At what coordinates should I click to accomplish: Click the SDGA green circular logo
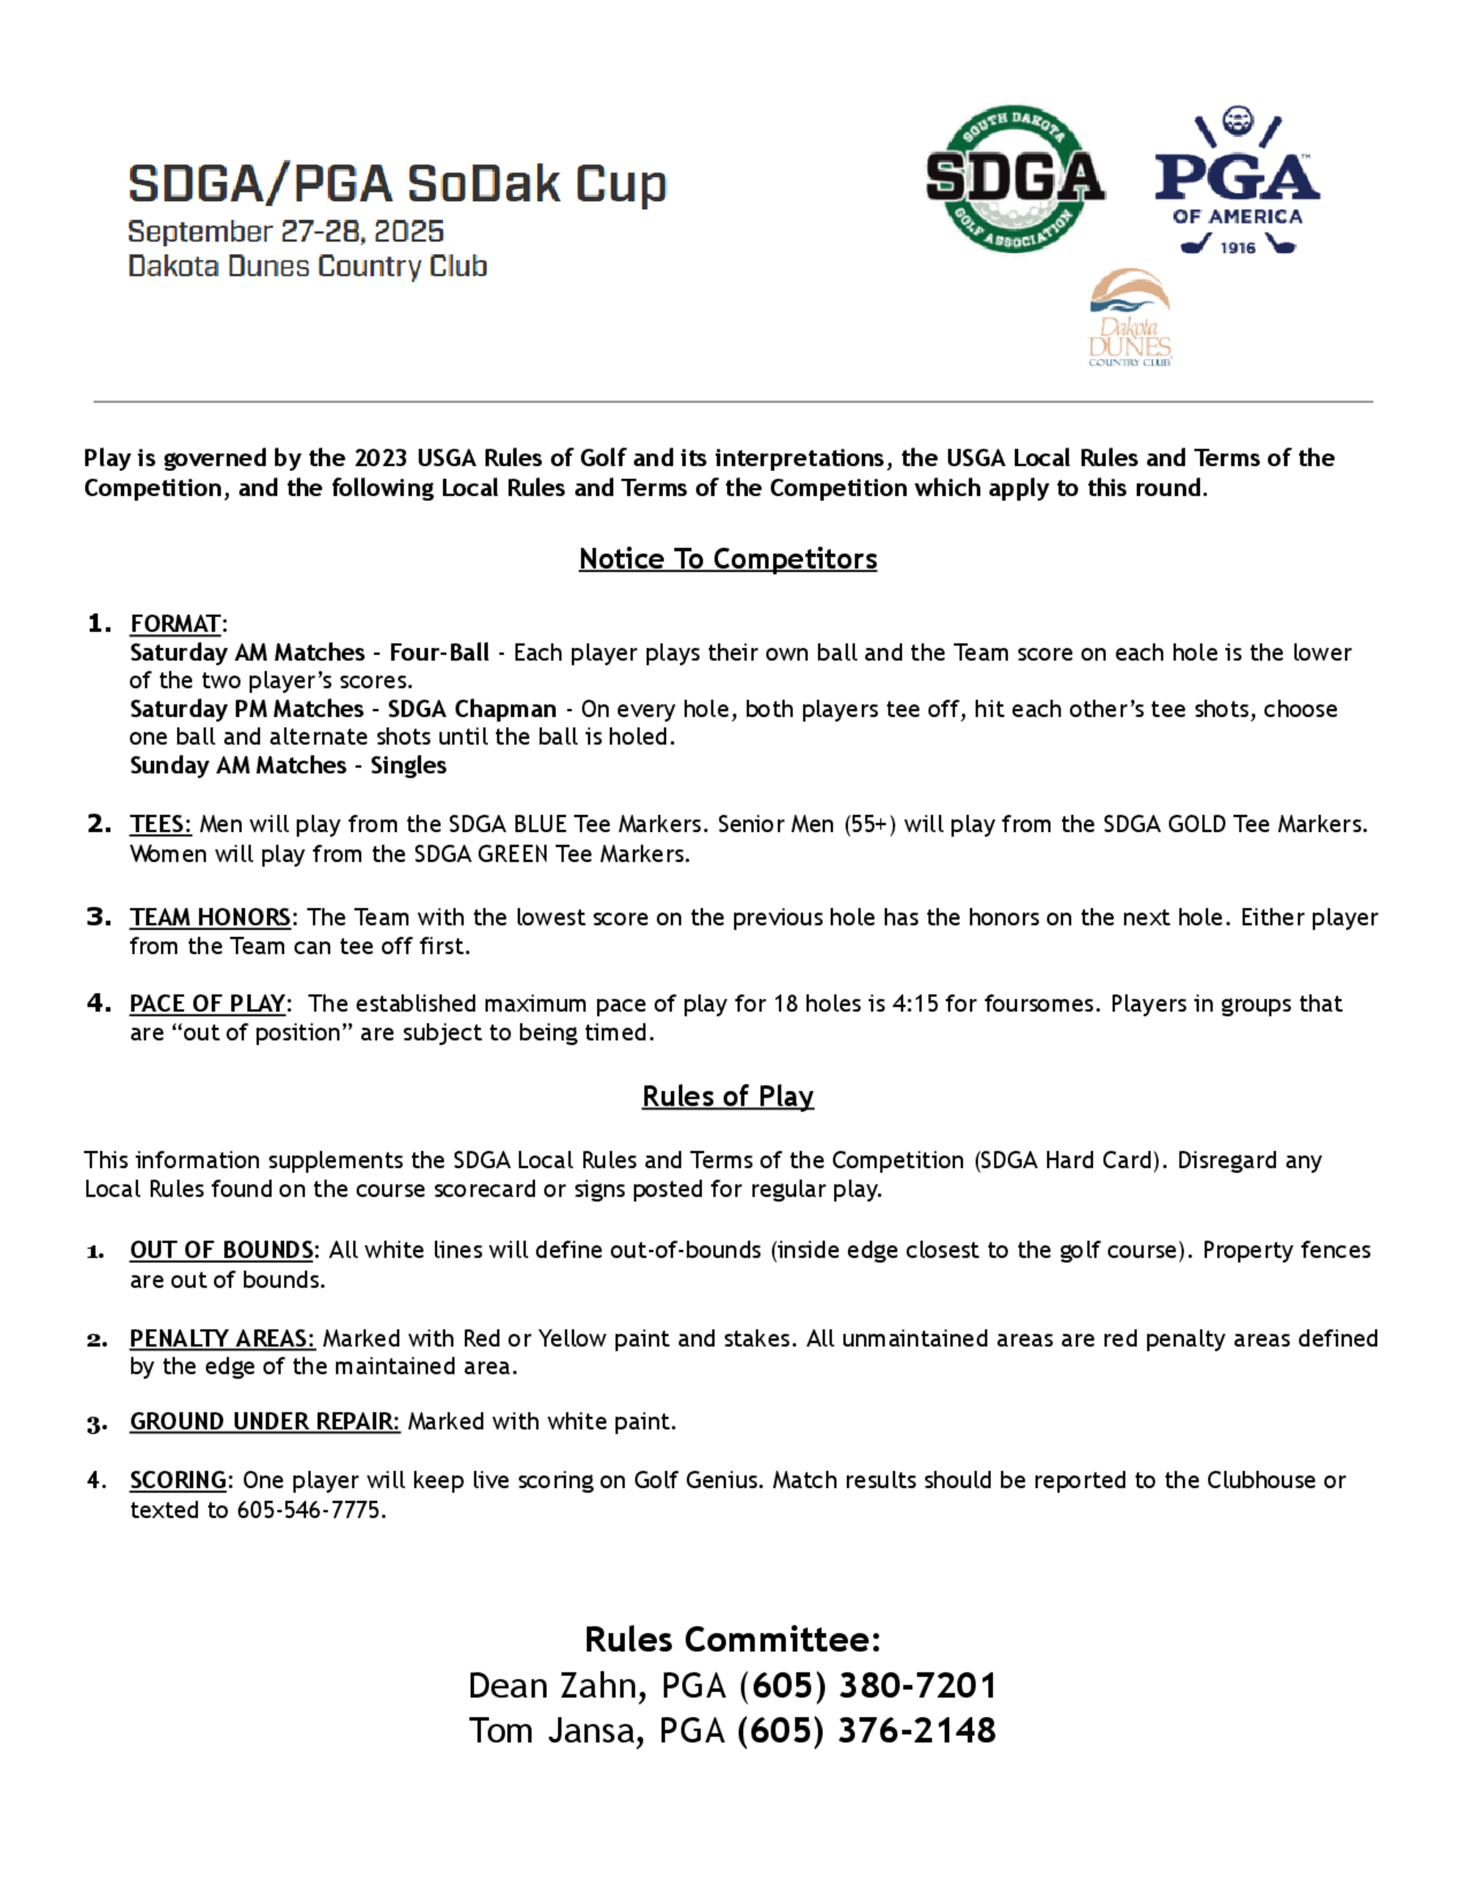(x=1014, y=179)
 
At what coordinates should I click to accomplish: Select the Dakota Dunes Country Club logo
(x=1130, y=318)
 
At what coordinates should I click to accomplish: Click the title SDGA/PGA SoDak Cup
(x=397, y=184)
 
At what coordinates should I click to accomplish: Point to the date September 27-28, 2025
(x=286, y=231)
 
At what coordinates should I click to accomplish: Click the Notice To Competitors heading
(x=728, y=559)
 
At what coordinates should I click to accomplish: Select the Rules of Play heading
(x=728, y=1096)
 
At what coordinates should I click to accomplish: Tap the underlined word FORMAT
(x=175, y=624)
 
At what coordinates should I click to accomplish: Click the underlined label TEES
(x=159, y=824)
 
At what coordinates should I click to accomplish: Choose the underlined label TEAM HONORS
(x=210, y=917)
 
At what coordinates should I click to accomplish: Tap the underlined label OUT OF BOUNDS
(x=221, y=1250)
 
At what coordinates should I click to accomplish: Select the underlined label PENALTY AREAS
(x=221, y=1338)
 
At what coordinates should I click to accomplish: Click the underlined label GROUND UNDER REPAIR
(x=263, y=1421)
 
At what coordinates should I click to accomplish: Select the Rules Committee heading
(x=733, y=1640)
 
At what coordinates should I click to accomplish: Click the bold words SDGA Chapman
(x=472, y=710)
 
